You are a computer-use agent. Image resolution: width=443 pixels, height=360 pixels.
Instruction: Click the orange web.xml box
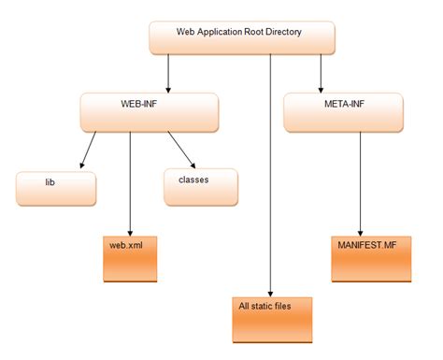[x=130, y=256]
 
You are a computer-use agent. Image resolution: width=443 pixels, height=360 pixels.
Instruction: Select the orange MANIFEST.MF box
[x=371, y=256]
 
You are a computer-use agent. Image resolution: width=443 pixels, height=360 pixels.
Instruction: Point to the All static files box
[x=270, y=317]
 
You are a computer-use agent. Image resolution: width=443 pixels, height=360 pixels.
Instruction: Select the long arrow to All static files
[x=270, y=178]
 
